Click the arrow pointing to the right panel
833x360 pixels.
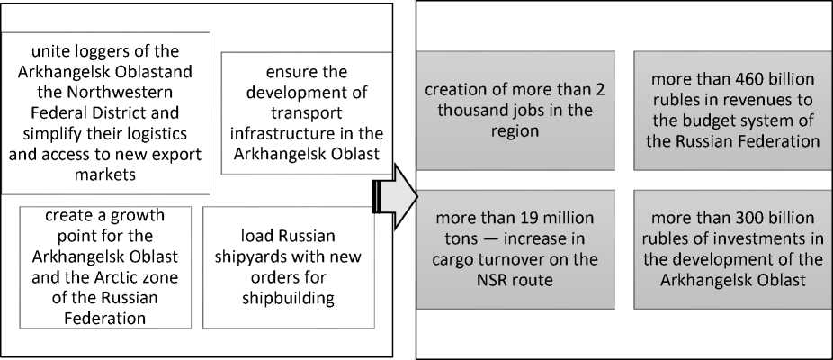pyautogui.click(x=397, y=195)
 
